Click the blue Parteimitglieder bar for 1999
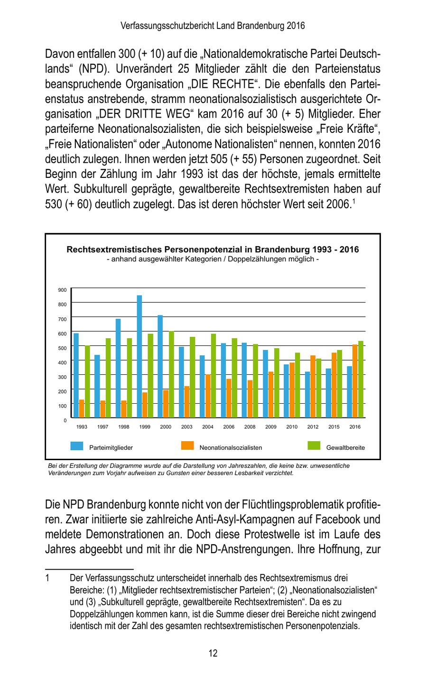pyautogui.click(x=139, y=356)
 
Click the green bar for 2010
pyautogui.click(x=297, y=385)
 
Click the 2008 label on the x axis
pyautogui.click(x=250, y=427)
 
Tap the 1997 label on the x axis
pyautogui.click(x=102, y=427)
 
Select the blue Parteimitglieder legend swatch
pyautogui.click(x=77, y=446)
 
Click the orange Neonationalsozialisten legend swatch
pyautogui.click(x=187, y=446)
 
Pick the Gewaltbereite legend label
pyautogui.click(x=345, y=447)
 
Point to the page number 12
pyautogui.click(x=213, y=653)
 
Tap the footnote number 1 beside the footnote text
pyautogui.click(x=47, y=578)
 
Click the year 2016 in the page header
pyautogui.click(x=296, y=26)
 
